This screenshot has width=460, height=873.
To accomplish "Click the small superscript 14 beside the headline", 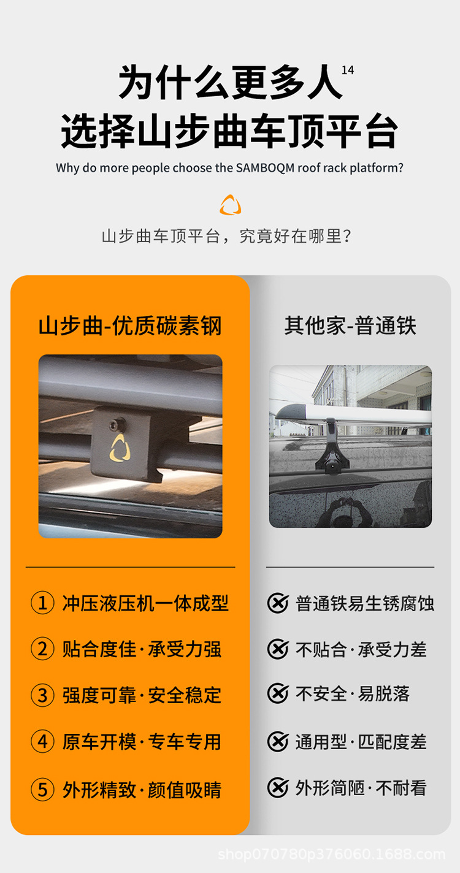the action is [348, 70].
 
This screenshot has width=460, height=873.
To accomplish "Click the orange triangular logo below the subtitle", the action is [231, 205].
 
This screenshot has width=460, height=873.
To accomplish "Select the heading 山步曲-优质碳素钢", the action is [130, 326].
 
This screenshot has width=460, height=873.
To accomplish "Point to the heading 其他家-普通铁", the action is [350, 326].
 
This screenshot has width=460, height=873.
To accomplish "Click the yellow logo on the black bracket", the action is [119, 448].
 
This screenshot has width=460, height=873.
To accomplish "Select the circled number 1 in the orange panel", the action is [42, 603].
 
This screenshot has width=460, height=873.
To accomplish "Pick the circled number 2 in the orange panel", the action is [42, 649].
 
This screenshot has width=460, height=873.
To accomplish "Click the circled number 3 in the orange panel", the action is [42, 695].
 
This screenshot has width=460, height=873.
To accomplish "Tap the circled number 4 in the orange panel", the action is [42, 741].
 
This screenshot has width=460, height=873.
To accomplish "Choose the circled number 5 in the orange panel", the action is [42, 790].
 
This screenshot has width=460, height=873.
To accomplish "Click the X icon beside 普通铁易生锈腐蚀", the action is [278, 603].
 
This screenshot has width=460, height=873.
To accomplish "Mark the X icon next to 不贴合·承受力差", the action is [278, 649].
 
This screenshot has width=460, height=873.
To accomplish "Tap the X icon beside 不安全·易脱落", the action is [278, 694].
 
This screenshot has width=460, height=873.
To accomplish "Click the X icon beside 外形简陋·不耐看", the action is [278, 788].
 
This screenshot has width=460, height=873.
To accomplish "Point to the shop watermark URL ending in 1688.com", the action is [332, 855].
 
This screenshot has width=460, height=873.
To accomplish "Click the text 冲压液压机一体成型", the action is [145, 603].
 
